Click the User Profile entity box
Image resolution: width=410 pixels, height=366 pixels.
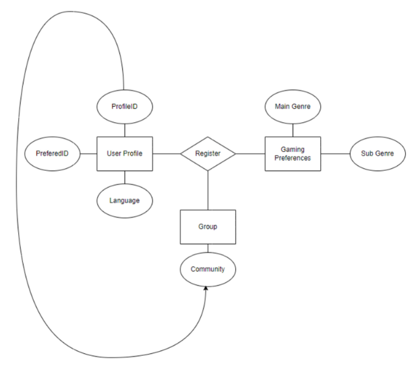pos(123,153)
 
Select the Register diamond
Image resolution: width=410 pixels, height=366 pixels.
pos(208,153)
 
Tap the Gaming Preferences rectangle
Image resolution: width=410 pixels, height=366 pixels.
pos(292,153)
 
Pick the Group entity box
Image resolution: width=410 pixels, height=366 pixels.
pos(208,228)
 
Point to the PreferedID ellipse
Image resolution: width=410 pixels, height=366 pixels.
pos(51,153)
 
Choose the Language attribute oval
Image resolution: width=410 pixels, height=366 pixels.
pos(123,200)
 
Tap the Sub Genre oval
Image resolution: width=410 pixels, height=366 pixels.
pos(376,153)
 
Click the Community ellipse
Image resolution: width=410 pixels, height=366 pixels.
pos(208,269)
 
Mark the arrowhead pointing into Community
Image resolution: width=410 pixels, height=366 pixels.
pos(204,289)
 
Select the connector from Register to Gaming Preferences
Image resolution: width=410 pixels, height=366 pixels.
pos(250,153)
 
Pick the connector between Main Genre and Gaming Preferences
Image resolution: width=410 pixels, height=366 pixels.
pos(292,128)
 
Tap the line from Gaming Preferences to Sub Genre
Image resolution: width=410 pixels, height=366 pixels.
pos(334,153)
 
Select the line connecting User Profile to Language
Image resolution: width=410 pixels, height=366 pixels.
pos(123,177)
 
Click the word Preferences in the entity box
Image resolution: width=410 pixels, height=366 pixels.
pos(292,159)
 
